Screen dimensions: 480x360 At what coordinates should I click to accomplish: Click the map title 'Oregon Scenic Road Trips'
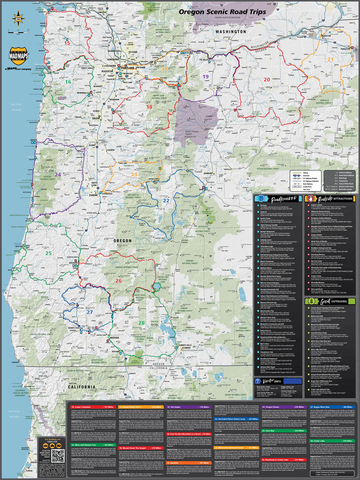point(222,12)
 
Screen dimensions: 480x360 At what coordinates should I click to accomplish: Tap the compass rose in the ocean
point(18,18)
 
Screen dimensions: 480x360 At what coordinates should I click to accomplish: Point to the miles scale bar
point(18,31)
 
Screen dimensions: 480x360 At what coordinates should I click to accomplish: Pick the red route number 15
point(67,43)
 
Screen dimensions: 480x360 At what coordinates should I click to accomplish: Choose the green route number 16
point(68,82)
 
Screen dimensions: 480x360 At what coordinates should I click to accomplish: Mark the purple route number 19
point(205,76)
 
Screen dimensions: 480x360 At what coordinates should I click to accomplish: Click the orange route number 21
point(330,59)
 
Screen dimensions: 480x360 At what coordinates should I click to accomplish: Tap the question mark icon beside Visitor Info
point(259,381)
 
